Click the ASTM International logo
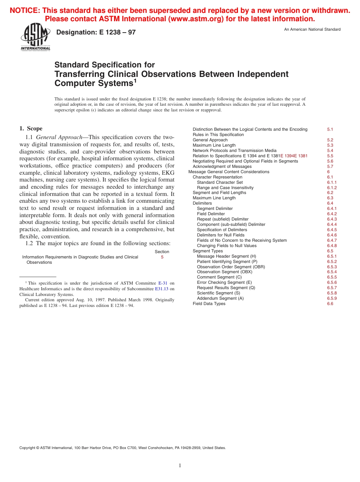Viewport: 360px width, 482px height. pos(35,37)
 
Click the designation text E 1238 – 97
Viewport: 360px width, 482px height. pos(96,33)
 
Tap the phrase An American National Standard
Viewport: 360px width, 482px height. pos(312,30)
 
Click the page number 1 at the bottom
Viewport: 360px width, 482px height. pos(180,465)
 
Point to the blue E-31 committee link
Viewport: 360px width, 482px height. pos(163,283)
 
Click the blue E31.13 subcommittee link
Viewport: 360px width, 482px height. pos(161,289)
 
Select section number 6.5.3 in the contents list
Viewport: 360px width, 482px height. pos(332,267)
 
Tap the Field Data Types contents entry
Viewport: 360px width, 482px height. pos(209,304)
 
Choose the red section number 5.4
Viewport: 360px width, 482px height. pos(330,150)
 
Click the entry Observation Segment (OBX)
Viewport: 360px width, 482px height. pos(224,272)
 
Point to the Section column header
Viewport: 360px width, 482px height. pos(162,252)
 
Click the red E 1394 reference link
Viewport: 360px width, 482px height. pos(288,156)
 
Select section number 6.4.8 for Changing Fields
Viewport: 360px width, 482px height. pos(332,246)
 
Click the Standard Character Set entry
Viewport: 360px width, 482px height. pos(220,182)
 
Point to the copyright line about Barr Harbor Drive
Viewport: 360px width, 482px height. pos(122,448)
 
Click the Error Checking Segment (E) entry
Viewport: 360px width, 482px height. pos(224,282)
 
